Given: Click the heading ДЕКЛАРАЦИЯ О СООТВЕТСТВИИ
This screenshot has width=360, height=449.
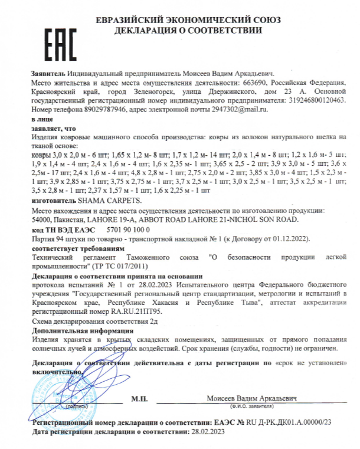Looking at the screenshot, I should point(188,30).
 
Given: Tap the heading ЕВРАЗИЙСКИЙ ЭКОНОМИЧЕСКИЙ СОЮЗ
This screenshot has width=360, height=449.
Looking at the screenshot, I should point(188,20).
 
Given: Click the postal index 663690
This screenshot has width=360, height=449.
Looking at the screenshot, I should point(241,83).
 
